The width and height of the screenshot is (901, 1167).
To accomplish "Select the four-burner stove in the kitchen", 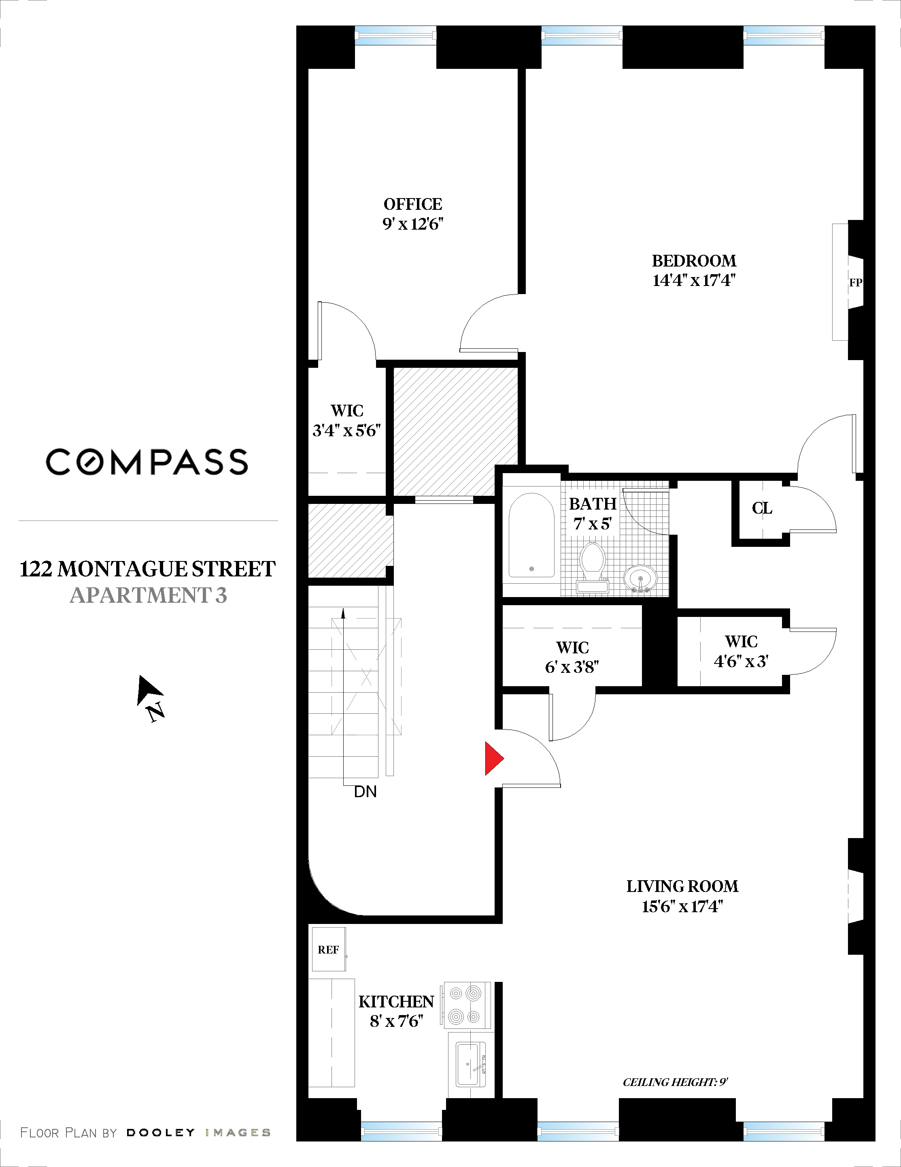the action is pos(465,1004).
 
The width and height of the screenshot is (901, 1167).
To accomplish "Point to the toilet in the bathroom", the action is pos(592,566).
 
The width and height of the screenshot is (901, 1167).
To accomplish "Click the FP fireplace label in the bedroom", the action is pos(855,283).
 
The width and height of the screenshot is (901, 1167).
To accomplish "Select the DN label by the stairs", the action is pos(365,792).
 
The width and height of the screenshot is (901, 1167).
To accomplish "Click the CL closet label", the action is pos(762,508).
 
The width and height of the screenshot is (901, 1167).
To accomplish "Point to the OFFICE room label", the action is pos(413,204).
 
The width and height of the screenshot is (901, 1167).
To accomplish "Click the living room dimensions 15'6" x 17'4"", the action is pos(682,907).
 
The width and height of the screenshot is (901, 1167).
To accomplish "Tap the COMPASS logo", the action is pos(147,462).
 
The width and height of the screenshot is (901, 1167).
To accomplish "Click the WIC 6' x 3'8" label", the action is pos(572,657).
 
